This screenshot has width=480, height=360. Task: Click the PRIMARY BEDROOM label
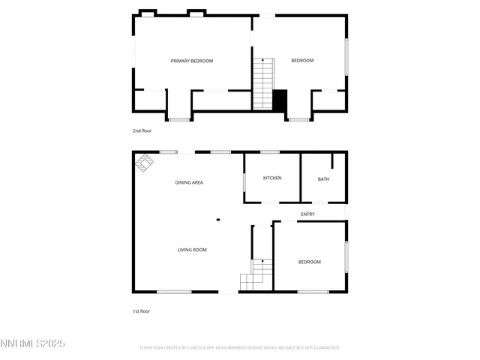192,61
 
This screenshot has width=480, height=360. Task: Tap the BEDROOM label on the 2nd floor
302,61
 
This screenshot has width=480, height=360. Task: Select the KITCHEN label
272,178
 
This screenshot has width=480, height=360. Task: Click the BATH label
323,179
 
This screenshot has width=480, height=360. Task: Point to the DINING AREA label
189,182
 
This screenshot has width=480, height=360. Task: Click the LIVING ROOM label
192,250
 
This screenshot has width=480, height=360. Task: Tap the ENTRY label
307,214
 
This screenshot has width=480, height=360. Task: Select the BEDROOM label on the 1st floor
310,262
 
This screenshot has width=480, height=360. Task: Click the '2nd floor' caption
142,130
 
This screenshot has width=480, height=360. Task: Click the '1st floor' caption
142,310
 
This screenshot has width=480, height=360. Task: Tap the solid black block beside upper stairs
280,100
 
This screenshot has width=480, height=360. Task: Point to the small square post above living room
217,220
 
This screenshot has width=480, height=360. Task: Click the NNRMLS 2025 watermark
33,343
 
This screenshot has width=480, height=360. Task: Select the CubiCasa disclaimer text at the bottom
239,348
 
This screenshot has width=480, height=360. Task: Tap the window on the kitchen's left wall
244,182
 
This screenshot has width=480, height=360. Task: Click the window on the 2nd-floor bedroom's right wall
346,56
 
